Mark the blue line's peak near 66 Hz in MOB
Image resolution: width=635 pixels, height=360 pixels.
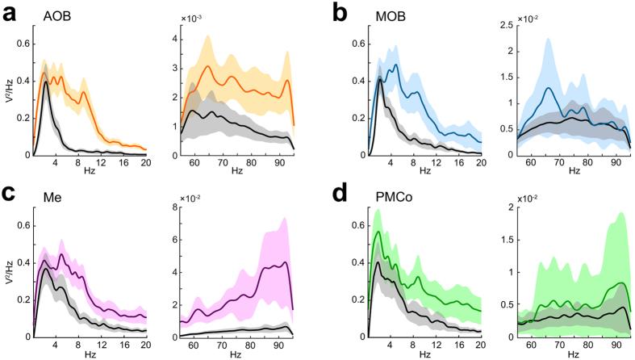[x=549, y=88]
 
